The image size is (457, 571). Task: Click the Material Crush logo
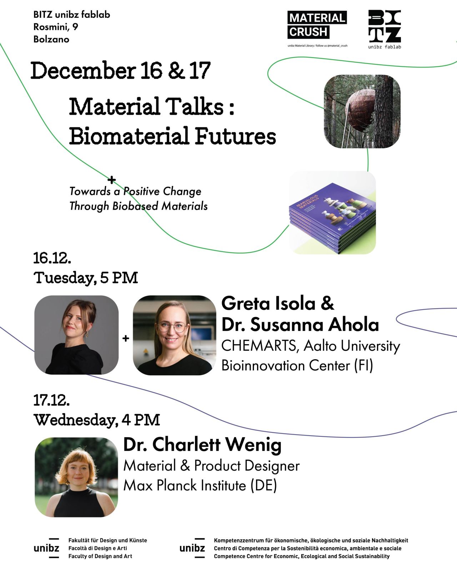tap(317, 29)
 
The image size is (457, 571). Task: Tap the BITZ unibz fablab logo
tap(385, 29)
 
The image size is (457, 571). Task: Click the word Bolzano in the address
tap(51, 39)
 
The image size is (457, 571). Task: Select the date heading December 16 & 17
tap(121, 70)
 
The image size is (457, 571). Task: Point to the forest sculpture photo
tap(362, 111)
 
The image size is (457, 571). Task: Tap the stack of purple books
tap(332, 213)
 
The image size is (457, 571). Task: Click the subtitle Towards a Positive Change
tap(135, 191)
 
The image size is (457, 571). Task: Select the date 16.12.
tap(52, 258)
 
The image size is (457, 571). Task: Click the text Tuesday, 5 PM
tap(86, 278)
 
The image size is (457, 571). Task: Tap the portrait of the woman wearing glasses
tap(175, 335)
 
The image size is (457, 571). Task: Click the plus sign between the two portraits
tap(126, 338)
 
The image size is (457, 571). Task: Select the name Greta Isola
tap(268, 303)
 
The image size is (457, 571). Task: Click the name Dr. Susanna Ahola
tap(300, 324)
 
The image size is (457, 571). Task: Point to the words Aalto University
tap(352, 346)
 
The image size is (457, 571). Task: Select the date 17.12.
tap(51, 400)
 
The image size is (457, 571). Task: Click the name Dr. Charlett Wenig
tap(202, 445)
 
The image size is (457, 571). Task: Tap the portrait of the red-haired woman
tap(76, 477)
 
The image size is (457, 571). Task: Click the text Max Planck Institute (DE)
tap(200, 485)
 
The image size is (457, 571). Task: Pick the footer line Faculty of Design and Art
tap(100, 556)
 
